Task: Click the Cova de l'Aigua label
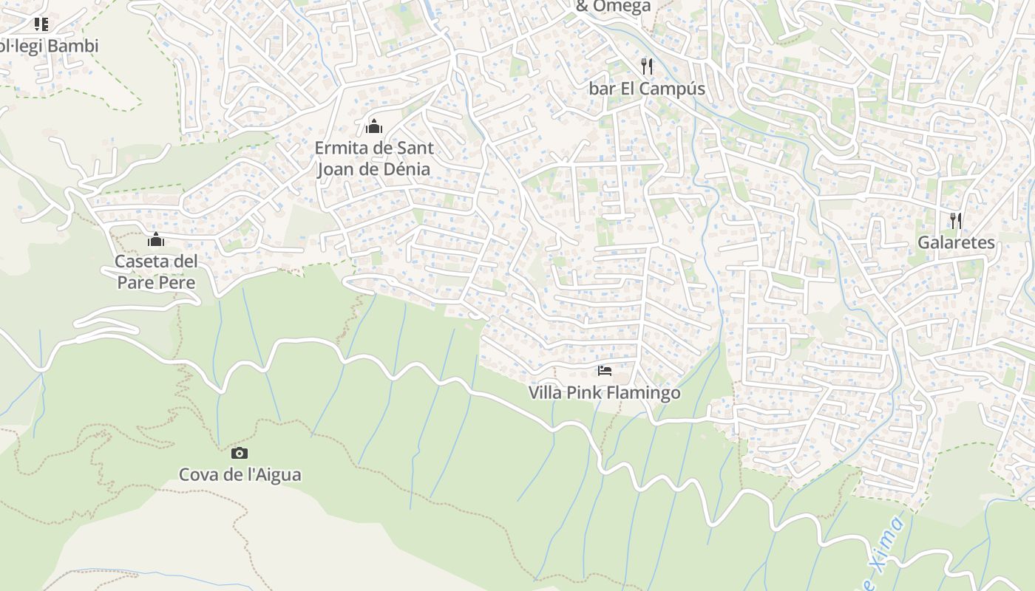tap(240, 474)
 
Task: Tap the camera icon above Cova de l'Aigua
tap(240, 453)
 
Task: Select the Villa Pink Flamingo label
tap(604, 392)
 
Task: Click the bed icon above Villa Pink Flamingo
tap(605, 370)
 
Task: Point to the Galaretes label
tap(956, 242)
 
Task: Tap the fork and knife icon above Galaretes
tap(956, 220)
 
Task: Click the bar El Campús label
tap(647, 89)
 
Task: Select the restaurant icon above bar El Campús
tap(647, 66)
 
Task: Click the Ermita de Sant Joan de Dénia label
tap(374, 158)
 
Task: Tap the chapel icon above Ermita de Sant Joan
tap(374, 126)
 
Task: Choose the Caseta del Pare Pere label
tap(156, 272)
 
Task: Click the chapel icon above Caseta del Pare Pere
tap(156, 239)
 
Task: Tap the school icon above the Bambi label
tap(41, 24)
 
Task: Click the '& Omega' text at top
tap(613, 7)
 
